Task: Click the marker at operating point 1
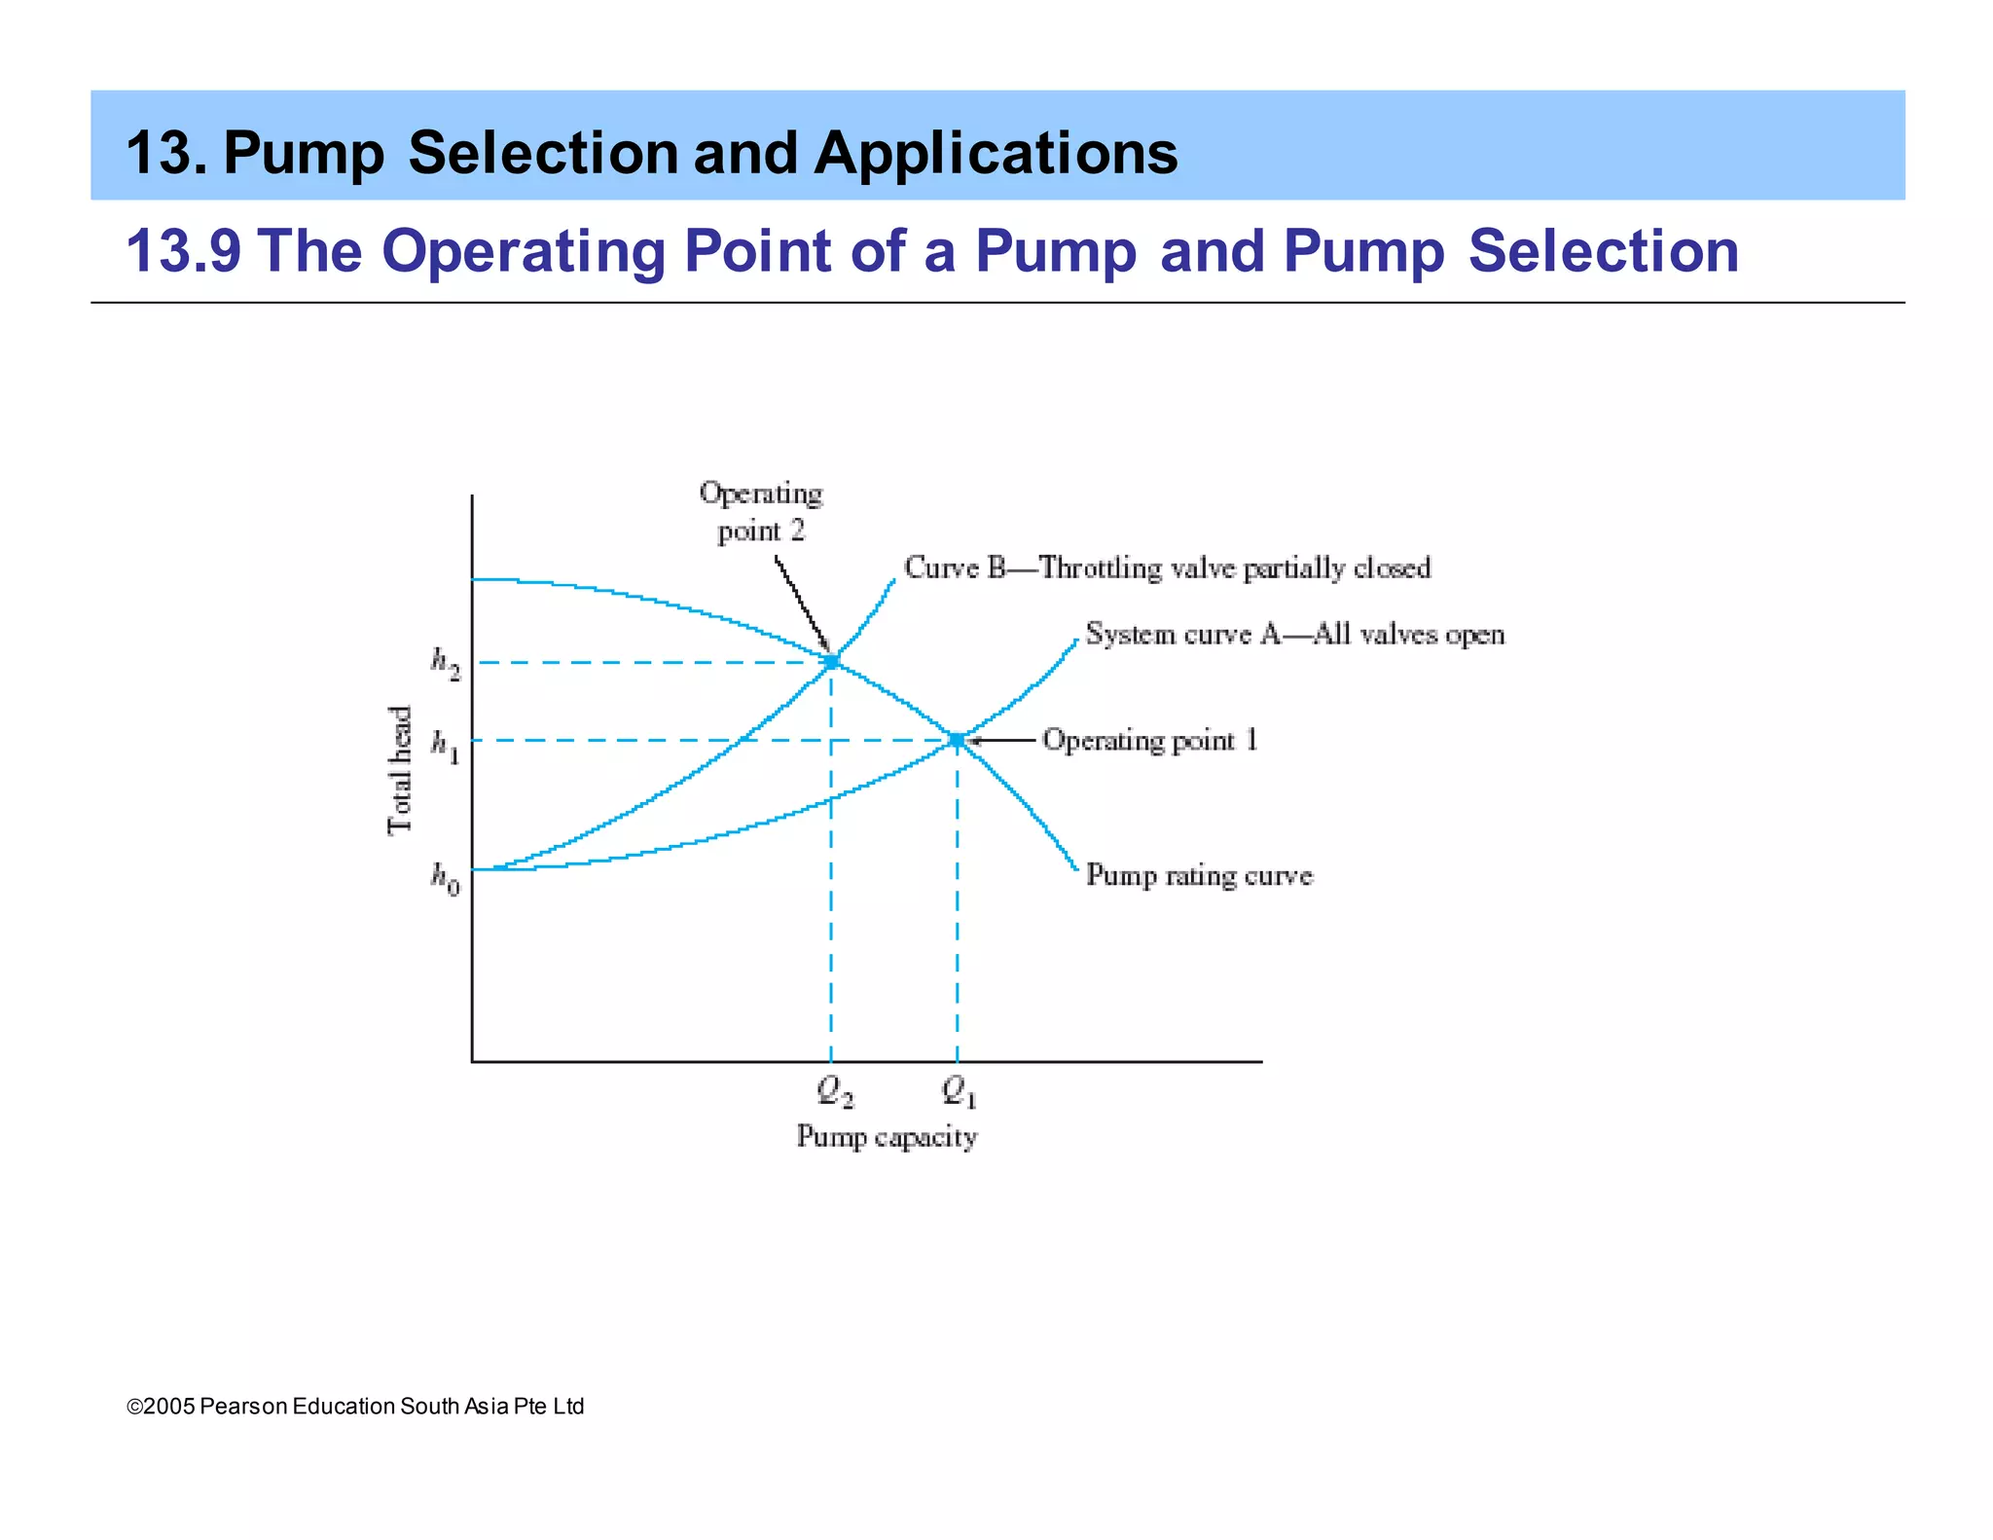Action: pos(957,741)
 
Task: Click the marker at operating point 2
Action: pos(831,662)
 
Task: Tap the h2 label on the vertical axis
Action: pos(446,664)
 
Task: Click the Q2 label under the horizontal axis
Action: pos(835,1091)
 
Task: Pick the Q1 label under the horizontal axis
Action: pos(960,1091)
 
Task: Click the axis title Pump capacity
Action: pos(887,1137)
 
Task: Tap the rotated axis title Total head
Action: pos(401,770)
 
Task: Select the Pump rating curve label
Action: pos(1199,875)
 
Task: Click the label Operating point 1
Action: pos(1150,741)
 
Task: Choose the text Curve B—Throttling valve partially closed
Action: pos(1167,568)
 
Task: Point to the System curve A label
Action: pos(1295,635)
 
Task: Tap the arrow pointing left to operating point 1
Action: pos(1002,741)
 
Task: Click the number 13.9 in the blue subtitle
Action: pos(184,251)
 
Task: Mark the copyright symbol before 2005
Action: pos(134,1407)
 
